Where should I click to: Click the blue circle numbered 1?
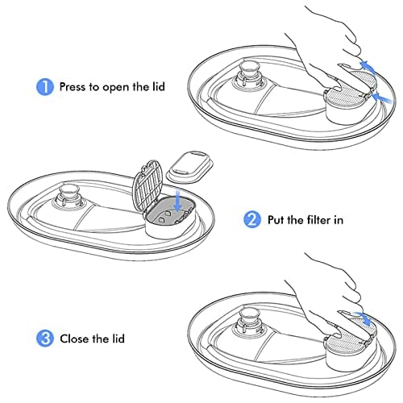tap(45, 87)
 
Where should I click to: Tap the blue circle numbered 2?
tap(252, 220)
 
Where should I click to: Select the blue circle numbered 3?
tap(45, 339)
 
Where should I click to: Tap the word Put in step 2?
tap(276, 220)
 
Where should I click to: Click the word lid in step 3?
tap(118, 339)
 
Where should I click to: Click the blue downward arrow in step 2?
tap(177, 200)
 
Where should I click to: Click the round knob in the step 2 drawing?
tap(70, 193)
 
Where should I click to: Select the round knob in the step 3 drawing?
tap(250, 316)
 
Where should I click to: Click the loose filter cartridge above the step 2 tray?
tap(190, 167)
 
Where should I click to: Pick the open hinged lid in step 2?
tap(148, 185)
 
